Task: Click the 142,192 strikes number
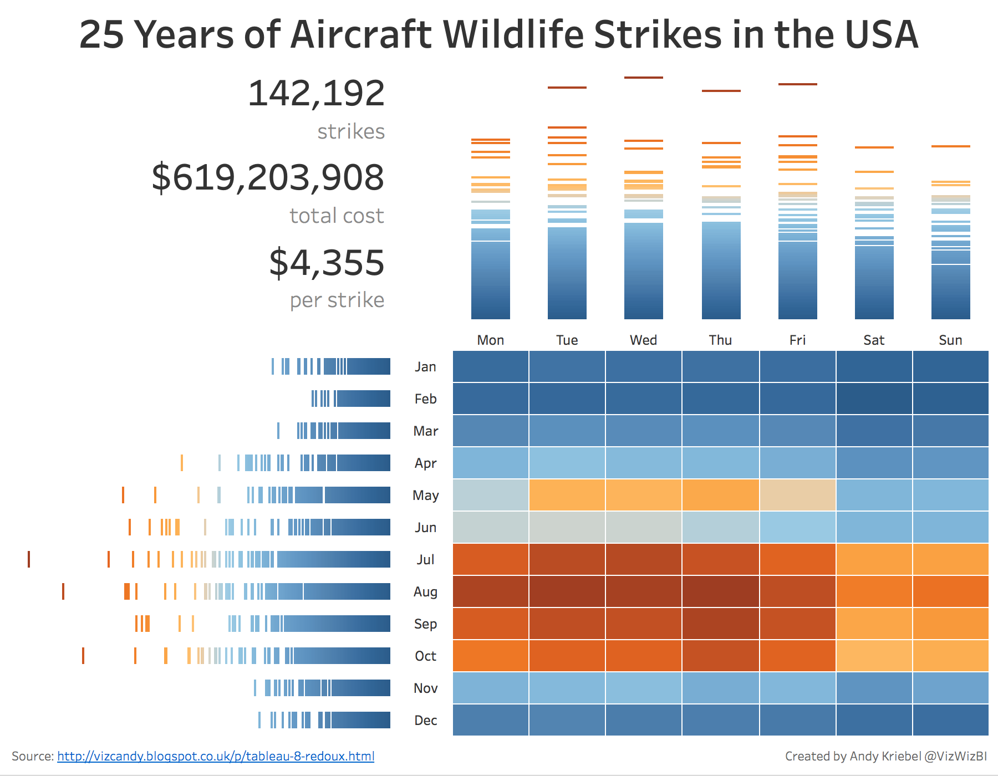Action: click(316, 93)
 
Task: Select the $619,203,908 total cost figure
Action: click(268, 178)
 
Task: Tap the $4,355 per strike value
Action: click(327, 263)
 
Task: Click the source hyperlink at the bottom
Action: click(216, 756)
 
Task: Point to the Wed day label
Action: click(643, 340)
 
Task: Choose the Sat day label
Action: click(874, 340)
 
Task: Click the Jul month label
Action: click(425, 560)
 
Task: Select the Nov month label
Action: click(425, 688)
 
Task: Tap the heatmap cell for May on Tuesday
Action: click(567, 495)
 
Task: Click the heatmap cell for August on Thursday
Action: click(720, 591)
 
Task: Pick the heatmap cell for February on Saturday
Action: click(874, 399)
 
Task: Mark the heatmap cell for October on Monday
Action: click(491, 656)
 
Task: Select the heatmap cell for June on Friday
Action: click(797, 527)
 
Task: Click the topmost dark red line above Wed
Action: click(643, 78)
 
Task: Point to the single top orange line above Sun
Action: click(950, 146)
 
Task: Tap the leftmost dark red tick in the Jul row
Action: click(29, 559)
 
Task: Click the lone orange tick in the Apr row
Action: click(182, 463)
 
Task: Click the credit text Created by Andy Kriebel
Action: click(853, 756)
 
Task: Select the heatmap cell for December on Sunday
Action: click(950, 720)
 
